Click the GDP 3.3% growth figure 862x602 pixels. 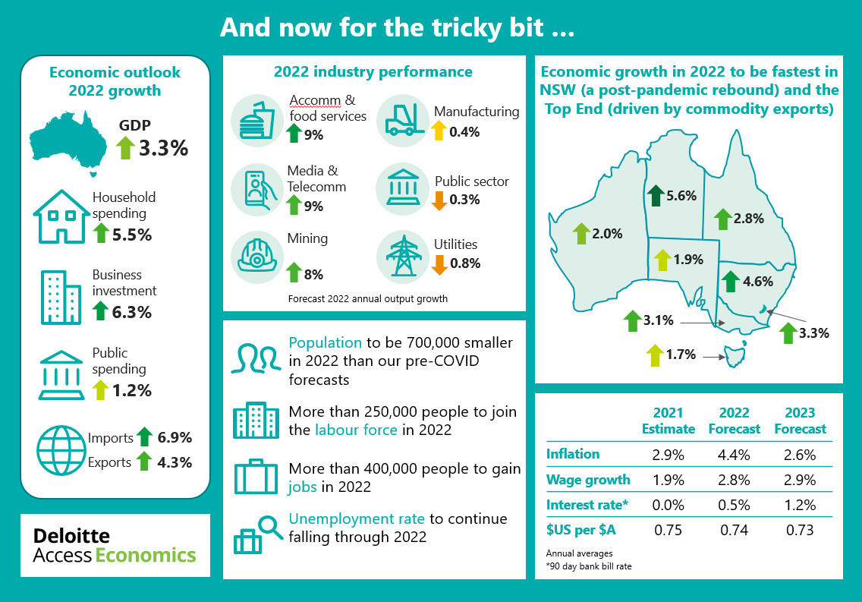click(x=162, y=148)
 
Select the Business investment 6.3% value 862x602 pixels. click(x=131, y=312)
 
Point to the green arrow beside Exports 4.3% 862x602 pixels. click(x=143, y=462)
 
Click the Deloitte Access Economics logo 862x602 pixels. click(x=115, y=546)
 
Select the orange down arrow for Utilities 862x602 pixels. click(x=439, y=264)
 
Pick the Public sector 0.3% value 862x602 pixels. click(x=464, y=200)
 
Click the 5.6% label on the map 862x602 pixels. click(x=681, y=196)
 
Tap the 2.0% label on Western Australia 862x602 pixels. click(x=608, y=234)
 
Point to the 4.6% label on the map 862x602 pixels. click(x=758, y=281)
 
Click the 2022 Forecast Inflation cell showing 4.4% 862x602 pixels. click(x=734, y=455)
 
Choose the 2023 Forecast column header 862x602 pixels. click(x=800, y=421)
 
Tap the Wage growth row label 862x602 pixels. click(x=588, y=480)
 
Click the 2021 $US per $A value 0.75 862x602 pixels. click(x=668, y=530)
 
